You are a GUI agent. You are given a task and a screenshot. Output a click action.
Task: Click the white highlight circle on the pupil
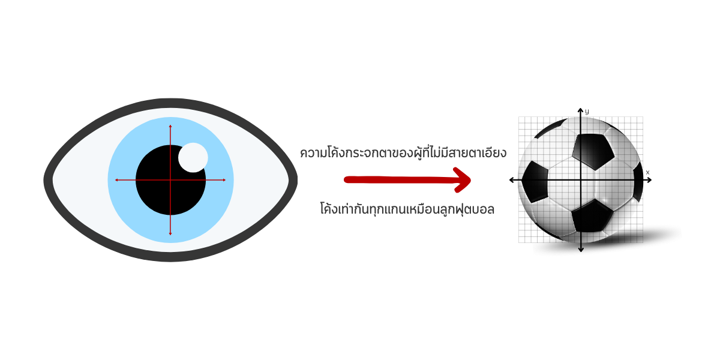[x=193, y=157]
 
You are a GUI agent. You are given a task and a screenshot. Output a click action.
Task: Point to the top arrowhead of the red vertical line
[x=170, y=126]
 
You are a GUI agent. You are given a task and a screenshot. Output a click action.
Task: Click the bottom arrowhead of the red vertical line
[x=170, y=233]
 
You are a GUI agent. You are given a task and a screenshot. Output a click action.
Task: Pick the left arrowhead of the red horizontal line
[x=116, y=180]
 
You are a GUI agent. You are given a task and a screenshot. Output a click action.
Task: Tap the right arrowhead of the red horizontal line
[x=224, y=180]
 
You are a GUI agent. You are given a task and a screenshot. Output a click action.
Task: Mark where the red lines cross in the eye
[x=170, y=180]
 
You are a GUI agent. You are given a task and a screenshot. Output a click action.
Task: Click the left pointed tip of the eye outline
[x=46, y=179]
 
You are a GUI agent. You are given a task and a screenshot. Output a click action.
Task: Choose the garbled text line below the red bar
[x=408, y=210]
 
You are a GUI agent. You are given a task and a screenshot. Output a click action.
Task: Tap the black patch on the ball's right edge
[x=638, y=180]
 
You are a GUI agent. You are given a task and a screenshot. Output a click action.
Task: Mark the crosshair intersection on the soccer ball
[x=581, y=180]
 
